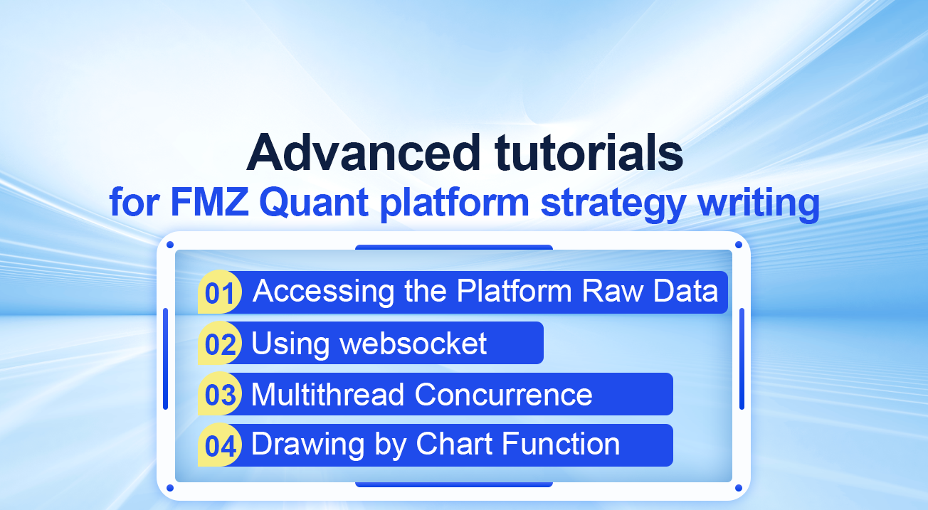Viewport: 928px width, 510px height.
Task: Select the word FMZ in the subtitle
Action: click(210, 202)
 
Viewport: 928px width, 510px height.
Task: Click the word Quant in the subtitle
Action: click(314, 203)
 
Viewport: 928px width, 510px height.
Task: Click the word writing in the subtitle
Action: click(759, 203)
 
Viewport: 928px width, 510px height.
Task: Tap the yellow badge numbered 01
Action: click(220, 292)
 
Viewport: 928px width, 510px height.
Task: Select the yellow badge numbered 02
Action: click(220, 343)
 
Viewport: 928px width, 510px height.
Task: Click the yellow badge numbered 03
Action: click(220, 394)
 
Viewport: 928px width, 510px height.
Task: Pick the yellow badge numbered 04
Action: click(220, 445)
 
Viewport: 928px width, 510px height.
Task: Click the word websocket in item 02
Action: click(413, 344)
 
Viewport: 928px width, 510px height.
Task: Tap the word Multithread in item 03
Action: click(327, 395)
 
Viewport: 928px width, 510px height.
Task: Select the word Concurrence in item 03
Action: click(503, 395)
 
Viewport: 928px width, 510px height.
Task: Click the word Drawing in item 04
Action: click(308, 446)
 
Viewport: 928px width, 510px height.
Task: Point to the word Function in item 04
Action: click(561, 444)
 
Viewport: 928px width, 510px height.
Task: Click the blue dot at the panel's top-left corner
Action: click(170, 245)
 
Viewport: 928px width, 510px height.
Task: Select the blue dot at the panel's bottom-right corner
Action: click(738, 488)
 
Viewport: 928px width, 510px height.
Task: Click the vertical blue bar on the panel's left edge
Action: click(166, 358)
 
